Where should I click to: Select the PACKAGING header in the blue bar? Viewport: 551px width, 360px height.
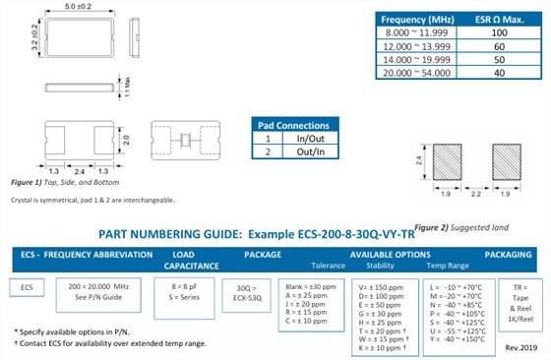pos(510,254)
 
